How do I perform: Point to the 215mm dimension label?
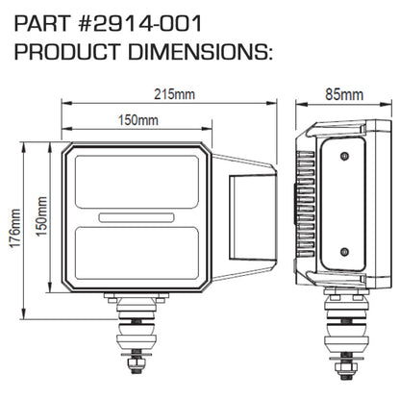171,93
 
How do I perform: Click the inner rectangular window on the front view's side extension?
255,218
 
